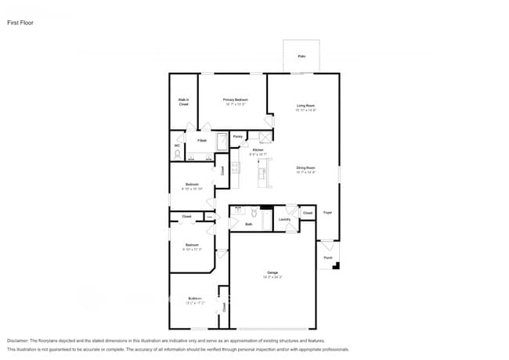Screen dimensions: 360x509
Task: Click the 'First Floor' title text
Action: pos(21,23)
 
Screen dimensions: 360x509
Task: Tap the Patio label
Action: pos(301,56)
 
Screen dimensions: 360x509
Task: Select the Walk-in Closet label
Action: pos(183,102)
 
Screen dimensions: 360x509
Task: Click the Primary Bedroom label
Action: pos(236,101)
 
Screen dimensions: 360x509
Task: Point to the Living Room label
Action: pos(305,107)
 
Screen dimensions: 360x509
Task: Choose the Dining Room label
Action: pos(305,169)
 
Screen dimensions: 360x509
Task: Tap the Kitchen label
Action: pos(258,152)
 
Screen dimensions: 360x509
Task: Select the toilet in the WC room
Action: pos(178,154)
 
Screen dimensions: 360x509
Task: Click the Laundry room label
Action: pos(284,219)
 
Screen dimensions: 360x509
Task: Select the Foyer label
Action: pos(328,212)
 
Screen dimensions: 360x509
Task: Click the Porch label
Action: pos(327,257)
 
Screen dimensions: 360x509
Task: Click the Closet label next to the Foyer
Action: pos(308,213)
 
